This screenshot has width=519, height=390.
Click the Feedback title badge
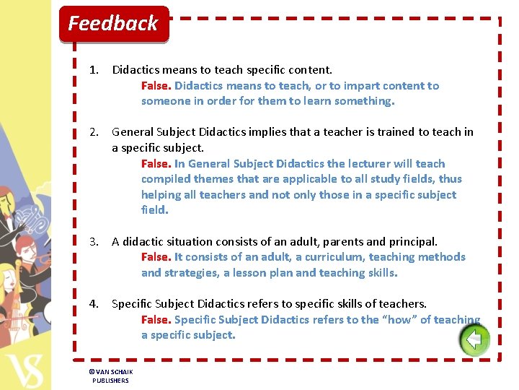(x=113, y=24)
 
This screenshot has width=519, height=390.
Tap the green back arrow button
(x=474, y=339)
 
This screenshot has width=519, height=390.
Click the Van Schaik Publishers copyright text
(x=111, y=376)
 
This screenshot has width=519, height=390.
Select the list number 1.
(x=93, y=70)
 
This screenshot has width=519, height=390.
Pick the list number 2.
(x=93, y=132)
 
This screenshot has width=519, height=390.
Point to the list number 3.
(x=93, y=242)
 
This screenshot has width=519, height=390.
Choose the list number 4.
(x=93, y=304)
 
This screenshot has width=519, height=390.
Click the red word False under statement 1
(x=156, y=86)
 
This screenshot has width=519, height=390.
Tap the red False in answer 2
(x=156, y=164)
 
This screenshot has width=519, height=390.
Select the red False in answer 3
(x=156, y=257)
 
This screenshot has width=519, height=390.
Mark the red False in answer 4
(x=156, y=320)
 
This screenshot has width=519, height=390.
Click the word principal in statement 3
(x=412, y=242)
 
